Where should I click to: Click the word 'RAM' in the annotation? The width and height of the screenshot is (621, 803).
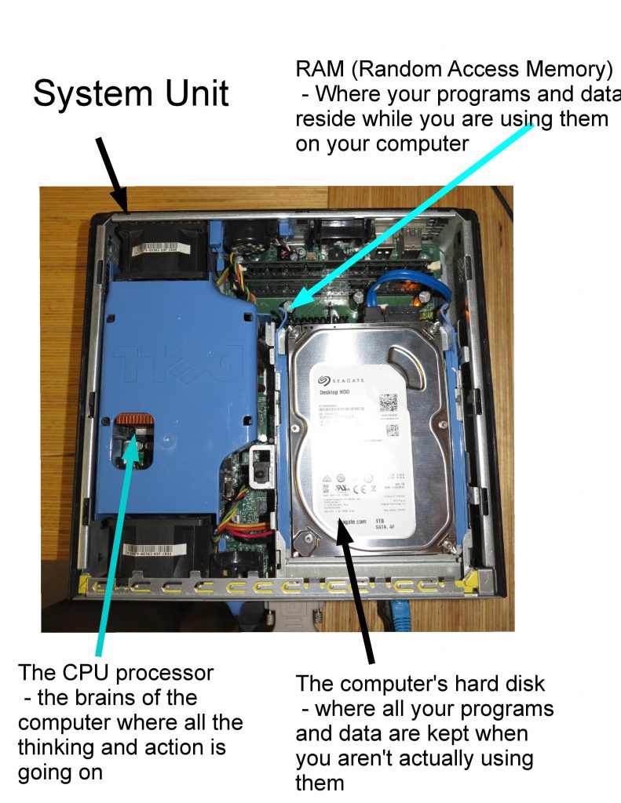320,69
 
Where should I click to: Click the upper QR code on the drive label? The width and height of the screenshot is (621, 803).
390,401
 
